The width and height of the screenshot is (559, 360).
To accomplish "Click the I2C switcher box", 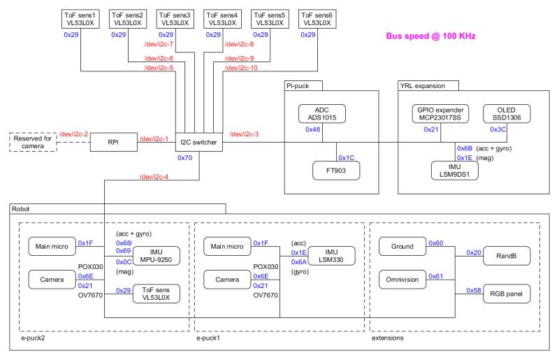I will tap(198, 143).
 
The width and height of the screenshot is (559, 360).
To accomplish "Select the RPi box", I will tap(112, 142).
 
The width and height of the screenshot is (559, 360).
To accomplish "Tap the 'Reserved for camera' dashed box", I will tap(32, 142).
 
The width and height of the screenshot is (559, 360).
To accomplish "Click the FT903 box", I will tap(336, 170).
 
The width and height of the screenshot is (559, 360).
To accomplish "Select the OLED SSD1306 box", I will tap(507, 113).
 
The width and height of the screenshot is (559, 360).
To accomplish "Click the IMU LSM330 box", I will tap(331, 255).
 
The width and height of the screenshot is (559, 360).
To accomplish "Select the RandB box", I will tap(507, 255).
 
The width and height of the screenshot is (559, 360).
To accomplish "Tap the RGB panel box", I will tap(507, 293).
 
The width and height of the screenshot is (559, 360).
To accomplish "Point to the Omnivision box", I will tap(402, 280).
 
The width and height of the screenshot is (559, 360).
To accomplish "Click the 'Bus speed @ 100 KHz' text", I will tap(432, 36).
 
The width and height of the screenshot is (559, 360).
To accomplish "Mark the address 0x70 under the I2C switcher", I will tap(184, 158).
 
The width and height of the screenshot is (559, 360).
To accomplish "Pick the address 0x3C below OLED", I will tap(498, 129).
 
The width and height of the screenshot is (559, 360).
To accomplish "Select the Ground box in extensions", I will tap(402, 246).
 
